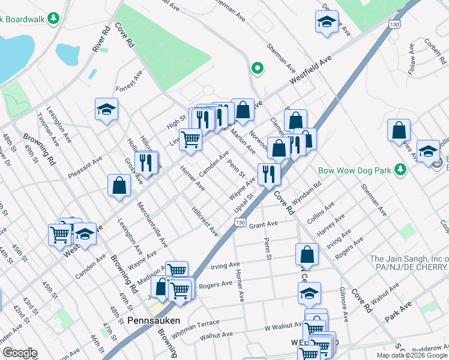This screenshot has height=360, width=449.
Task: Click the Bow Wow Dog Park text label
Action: pyautogui.click(x=354, y=170)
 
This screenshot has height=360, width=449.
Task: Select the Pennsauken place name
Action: pyautogui.click(x=153, y=320)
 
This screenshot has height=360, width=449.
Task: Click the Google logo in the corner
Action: pyautogui.click(x=19, y=353)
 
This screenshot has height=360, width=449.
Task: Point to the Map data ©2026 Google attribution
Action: pyautogui.click(x=412, y=355)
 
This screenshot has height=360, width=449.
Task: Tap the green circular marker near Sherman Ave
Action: pyautogui.click(x=258, y=68)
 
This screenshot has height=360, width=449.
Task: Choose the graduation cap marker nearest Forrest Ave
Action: pyautogui.click(x=106, y=110)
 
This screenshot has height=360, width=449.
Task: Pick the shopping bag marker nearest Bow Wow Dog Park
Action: pyautogui.click(x=399, y=131)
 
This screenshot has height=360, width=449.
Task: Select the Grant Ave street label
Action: pyautogui.click(x=264, y=225)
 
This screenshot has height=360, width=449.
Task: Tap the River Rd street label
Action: pyautogui.click(x=99, y=38)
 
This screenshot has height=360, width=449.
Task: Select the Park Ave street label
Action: pyautogui.click(x=399, y=312)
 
